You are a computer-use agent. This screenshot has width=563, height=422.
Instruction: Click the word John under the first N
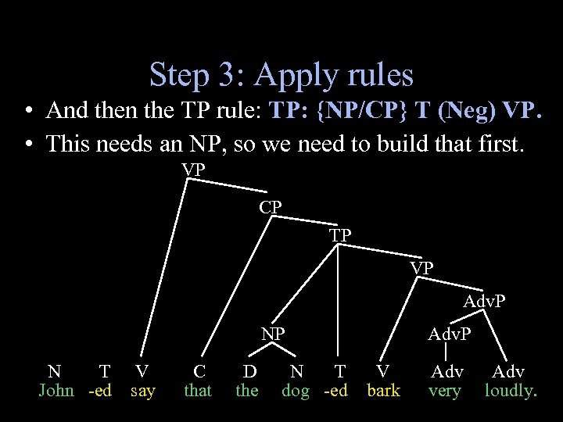(x=56, y=390)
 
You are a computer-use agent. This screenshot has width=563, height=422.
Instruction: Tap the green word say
(x=142, y=390)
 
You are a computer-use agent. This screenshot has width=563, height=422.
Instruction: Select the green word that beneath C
(x=198, y=390)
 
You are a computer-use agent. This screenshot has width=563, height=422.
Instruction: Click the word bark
(x=383, y=390)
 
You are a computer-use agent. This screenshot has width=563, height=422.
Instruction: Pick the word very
(x=445, y=390)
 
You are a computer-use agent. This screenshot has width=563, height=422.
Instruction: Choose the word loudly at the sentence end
(x=511, y=390)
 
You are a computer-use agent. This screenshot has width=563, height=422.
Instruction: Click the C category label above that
(x=199, y=372)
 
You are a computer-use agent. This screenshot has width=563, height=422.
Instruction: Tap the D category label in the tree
(x=249, y=372)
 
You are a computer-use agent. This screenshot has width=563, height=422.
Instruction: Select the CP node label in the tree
(x=271, y=207)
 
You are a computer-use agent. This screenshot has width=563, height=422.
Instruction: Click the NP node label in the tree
(x=273, y=334)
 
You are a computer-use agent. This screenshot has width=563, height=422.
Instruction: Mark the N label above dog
(x=297, y=372)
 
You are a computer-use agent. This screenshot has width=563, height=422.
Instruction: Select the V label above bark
(x=382, y=372)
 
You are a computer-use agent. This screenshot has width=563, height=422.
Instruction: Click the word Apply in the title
(x=292, y=75)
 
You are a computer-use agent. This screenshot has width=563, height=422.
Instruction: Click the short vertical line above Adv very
(x=445, y=352)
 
